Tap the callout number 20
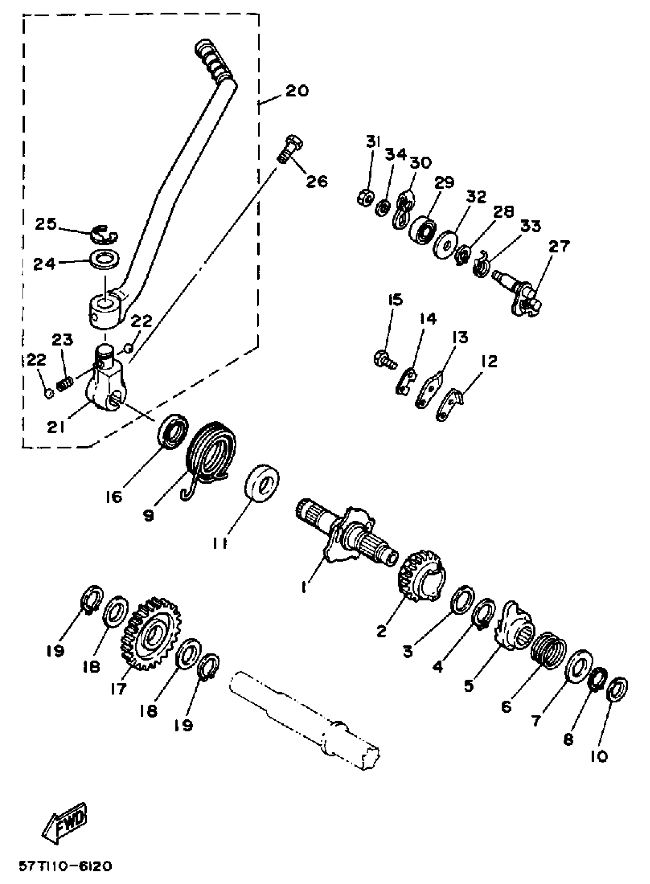pos(297,91)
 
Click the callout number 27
pos(559,247)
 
